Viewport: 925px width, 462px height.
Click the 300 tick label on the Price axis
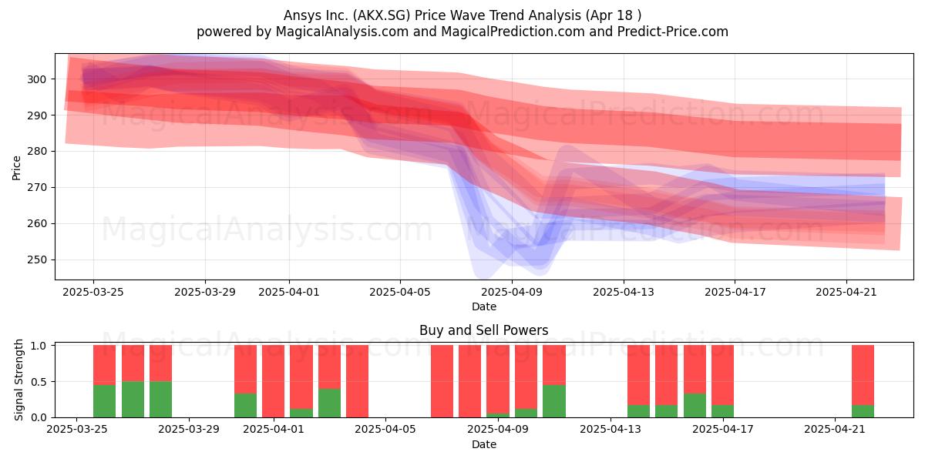click(x=37, y=79)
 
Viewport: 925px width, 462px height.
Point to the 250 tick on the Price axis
click(x=37, y=260)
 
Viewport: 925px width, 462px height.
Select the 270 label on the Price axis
click(x=37, y=188)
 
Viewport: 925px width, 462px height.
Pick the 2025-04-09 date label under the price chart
click(x=512, y=292)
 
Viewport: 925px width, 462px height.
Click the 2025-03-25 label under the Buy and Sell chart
click(x=77, y=430)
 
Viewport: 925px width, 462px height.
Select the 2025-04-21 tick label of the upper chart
click(x=846, y=292)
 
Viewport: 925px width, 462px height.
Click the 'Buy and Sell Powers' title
click(x=483, y=330)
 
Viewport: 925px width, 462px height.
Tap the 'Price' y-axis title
click(x=16, y=168)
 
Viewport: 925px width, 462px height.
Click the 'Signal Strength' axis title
click(x=18, y=380)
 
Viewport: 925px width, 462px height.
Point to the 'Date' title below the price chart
click(x=484, y=306)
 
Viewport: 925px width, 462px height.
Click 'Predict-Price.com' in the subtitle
click(x=673, y=32)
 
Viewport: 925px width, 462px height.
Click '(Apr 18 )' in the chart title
click(x=614, y=15)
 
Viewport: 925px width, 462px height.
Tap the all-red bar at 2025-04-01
click(x=274, y=381)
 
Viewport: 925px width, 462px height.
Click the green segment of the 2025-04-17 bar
click(x=723, y=411)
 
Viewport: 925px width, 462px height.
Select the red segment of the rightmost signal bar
click(x=863, y=375)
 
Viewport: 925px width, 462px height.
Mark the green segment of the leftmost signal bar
click(x=105, y=401)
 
